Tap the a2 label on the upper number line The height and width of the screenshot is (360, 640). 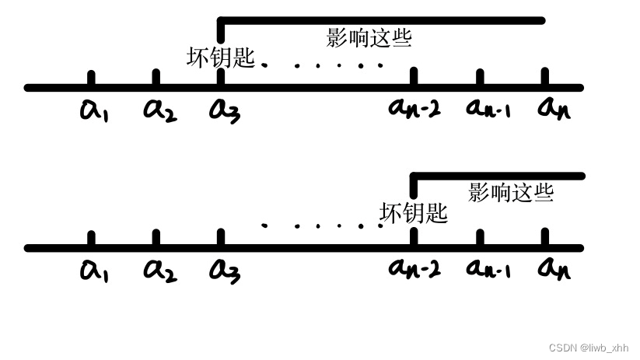[159, 110]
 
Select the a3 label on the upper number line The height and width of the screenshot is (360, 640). [225, 110]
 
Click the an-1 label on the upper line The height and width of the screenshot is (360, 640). [487, 108]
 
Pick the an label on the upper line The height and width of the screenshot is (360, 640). [554, 108]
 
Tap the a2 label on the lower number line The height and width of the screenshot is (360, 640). [159, 270]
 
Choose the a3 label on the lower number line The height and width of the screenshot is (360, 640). [225, 271]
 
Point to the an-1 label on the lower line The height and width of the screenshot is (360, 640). [487, 268]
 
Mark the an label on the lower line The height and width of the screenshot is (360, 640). [554, 268]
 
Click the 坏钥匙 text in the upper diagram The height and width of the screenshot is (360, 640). [221, 58]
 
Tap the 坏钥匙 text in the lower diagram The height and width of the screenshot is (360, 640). [414, 213]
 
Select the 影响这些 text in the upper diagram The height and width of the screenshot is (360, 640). [369, 37]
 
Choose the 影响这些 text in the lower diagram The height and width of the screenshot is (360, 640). [510, 192]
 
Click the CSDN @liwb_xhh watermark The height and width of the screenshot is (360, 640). [588, 348]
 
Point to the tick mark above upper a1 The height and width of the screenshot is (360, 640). [92, 79]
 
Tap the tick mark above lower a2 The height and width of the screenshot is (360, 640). [156, 238]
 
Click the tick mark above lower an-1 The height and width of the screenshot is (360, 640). [480, 238]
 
